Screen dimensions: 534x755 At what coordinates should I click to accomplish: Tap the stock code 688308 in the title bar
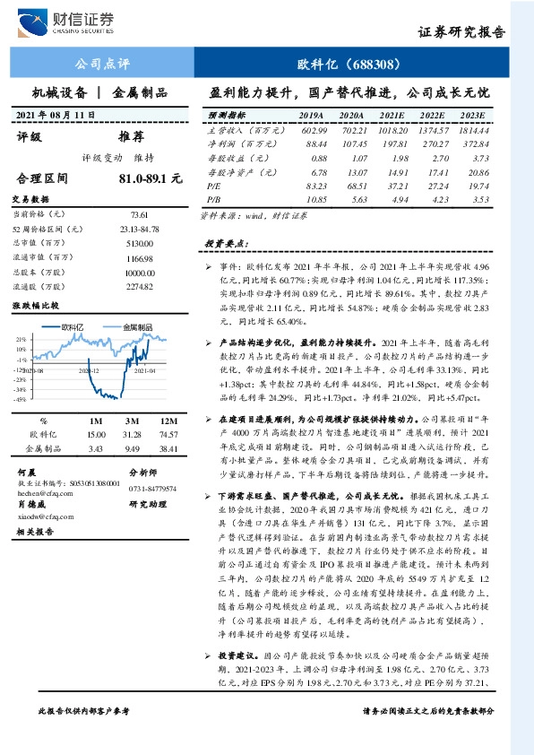click(x=371, y=64)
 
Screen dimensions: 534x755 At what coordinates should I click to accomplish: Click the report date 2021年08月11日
click(x=56, y=117)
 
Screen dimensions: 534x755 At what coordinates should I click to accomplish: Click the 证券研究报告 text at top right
click(x=461, y=32)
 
